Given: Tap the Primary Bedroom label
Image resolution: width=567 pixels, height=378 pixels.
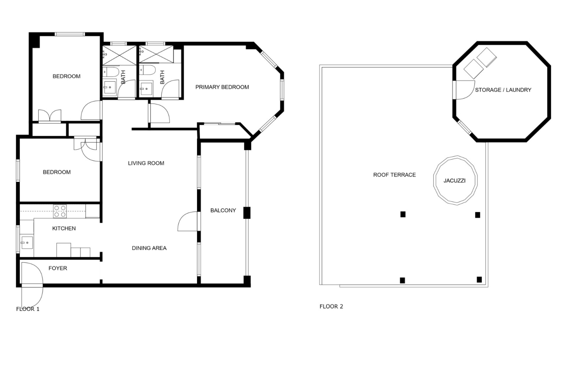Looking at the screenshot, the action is coord(222,87).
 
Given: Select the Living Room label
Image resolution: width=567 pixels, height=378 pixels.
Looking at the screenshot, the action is coord(146,163).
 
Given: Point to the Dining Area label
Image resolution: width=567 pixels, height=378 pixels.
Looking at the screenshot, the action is coord(149,248).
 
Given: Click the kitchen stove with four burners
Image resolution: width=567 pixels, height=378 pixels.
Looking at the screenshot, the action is coord(60,211).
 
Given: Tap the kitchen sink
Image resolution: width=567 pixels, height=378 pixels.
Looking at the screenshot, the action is coord(27,243).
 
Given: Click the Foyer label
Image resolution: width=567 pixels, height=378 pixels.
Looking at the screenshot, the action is coord(58,268).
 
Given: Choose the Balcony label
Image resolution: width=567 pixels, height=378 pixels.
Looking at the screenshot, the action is coord(223,210).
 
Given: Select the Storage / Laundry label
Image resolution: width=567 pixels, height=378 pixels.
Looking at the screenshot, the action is coord(503,90).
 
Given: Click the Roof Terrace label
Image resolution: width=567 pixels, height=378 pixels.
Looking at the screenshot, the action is coord(394,175).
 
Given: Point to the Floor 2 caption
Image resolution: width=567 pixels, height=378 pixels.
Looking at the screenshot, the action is coord(331,307).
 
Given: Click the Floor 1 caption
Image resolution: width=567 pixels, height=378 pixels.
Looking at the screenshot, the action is coord(28,309).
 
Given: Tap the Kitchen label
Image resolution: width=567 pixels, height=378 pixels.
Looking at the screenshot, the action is coord(64,228).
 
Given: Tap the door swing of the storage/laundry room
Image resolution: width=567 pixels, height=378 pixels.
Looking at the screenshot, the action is coord(465,90).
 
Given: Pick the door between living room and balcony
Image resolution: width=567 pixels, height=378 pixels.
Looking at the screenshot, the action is coord(188,221).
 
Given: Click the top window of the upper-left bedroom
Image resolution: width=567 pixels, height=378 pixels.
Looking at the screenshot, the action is coord(70,34).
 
